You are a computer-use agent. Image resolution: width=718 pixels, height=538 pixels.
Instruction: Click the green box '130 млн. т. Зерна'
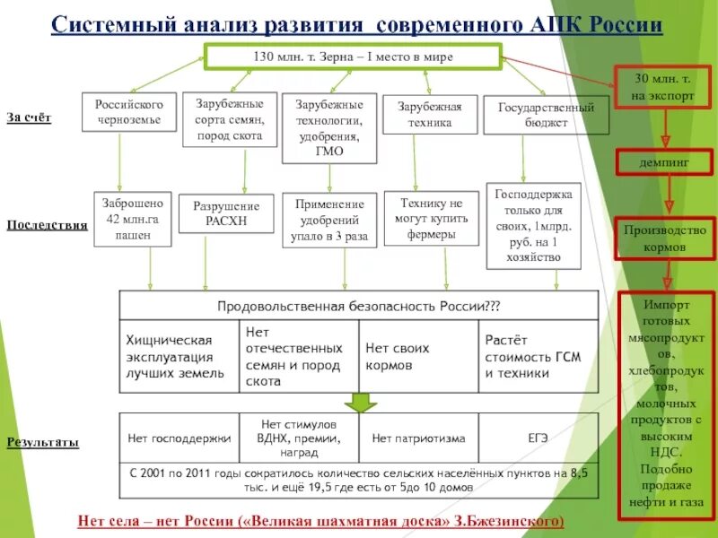[354, 57]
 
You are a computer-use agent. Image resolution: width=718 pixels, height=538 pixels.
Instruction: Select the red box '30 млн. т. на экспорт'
[662, 88]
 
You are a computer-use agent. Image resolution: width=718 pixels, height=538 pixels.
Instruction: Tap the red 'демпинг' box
[664, 164]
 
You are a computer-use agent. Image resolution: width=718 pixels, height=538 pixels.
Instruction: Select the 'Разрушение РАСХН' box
[227, 213]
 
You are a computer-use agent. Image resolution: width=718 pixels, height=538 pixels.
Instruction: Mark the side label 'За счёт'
[29, 117]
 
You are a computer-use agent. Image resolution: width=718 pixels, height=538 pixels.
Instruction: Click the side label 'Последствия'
[47, 225]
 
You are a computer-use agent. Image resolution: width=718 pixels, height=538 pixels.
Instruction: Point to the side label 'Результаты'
[42, 442]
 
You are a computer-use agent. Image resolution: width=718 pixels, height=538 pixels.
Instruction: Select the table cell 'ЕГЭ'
[538, 438]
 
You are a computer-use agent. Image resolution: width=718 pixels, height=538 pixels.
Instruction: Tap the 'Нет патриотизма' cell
[418, 438]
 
